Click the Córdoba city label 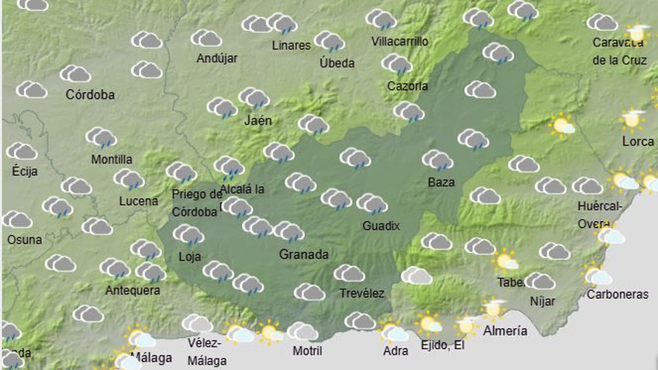(90, 95)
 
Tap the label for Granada (304, 254)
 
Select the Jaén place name (258, 120)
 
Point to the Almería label (505, 331)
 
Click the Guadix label (381, 226)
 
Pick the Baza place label (441, 182)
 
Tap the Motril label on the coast (307, 351)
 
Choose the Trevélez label (362, 294)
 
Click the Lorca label (638, 141)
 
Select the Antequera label (132, 291)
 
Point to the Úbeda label (337, 63)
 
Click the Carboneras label (617, 294)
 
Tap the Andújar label (217, 58)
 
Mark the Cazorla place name (408, 86)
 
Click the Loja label (190, 257)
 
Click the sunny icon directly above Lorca (632, 119)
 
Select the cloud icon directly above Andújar (206, 38)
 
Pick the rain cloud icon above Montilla (101, 137)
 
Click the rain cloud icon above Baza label (437, 160)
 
